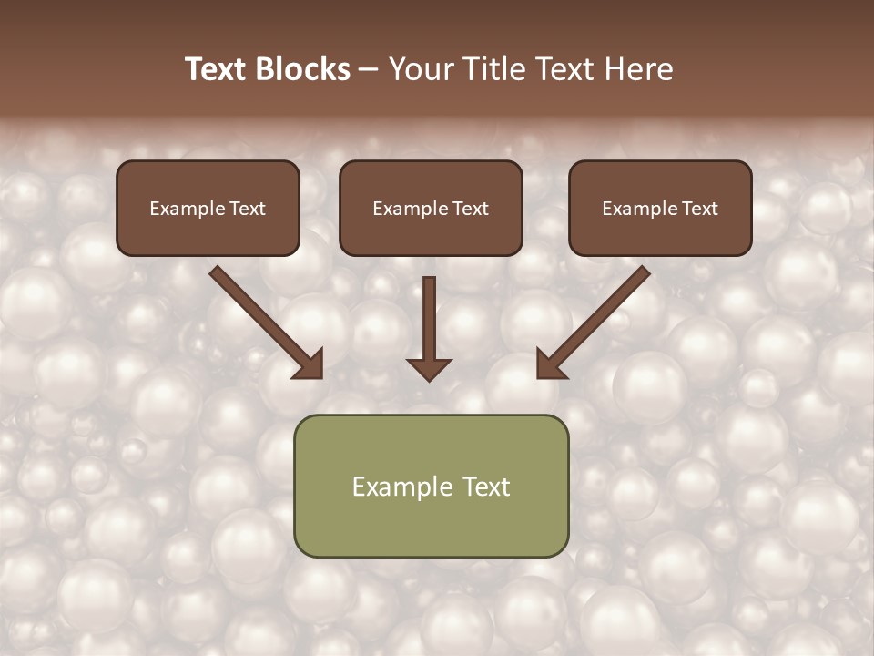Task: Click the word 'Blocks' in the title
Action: pyautogui.click(x=301, y=69)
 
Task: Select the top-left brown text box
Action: pyautogui.click(x=208, y=208)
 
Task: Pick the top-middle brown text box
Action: pyautogui.click(x=431, y=208)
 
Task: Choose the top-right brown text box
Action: pyautogui.click(x=660, y=208)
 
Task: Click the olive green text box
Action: pyautogui.click(x=431, y=486)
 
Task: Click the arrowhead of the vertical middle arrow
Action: pyautogui.click(x=429, y=368)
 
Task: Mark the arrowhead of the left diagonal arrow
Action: pyautogui.click(x=310, y=365)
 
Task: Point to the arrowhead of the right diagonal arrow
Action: pyautogui.click(x=550, y=365)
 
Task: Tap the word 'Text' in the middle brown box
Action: pyautogui.click(x=471, y=209)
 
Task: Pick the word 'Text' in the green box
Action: pyautogui.click(x=487, y=487)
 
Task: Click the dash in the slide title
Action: pyautogui.click(x=369, y=70)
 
